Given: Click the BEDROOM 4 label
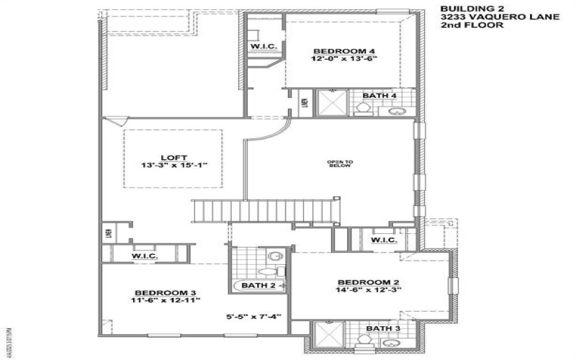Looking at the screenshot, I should click(334, 51).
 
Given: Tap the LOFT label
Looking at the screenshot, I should click(173, 156).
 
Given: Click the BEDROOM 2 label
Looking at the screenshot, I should click(367, 282).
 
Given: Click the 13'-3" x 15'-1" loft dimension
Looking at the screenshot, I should click(173, 165).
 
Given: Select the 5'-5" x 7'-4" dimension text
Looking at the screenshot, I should click(247, 316).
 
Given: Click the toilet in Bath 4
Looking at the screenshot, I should click(364, 109).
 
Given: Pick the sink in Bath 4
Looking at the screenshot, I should click(395, 110).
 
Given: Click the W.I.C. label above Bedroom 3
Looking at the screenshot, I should click(145, 256).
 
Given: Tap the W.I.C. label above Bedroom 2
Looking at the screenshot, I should click(384, 240).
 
